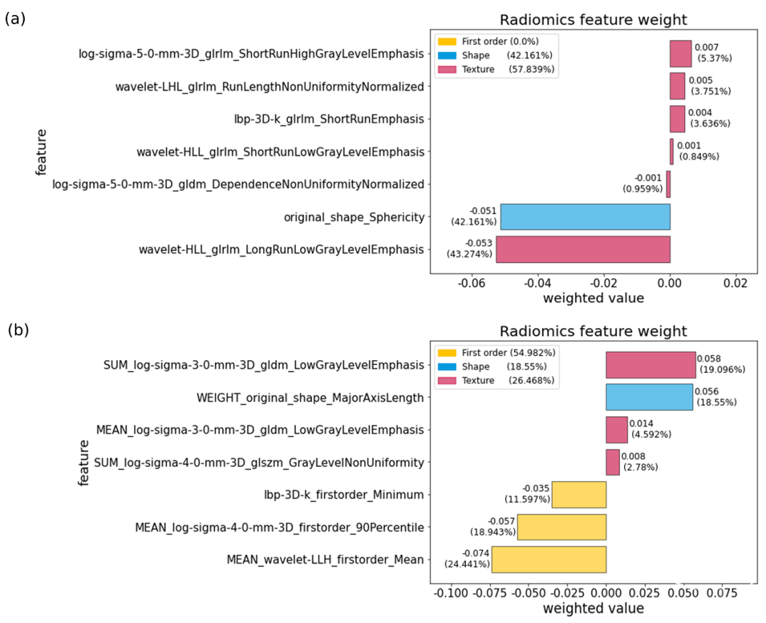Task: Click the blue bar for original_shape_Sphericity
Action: (585, 217)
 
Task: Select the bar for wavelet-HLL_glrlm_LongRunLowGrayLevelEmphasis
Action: (583, 249)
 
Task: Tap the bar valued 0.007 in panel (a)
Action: (680, 53)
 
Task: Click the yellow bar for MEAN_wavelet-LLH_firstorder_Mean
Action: (549, 559)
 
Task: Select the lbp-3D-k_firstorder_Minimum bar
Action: (579, 494)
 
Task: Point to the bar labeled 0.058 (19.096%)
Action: (650, 364)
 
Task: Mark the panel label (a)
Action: (15, 19)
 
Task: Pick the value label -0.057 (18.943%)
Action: (491, 527)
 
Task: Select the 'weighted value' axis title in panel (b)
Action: (593, 608)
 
